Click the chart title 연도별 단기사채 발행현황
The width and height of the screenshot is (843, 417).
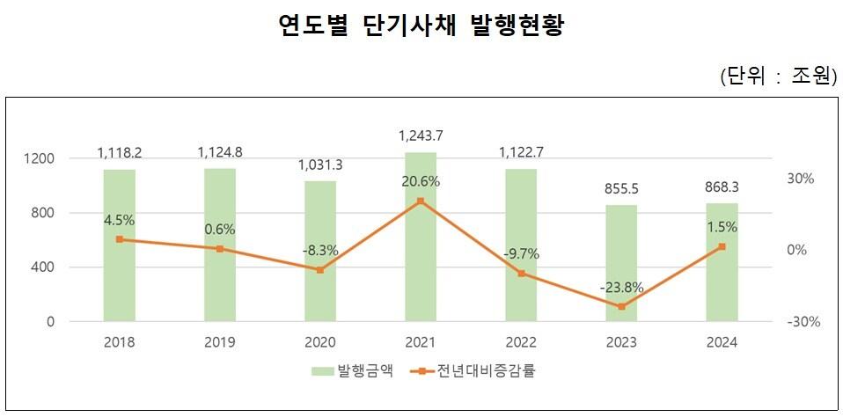(x=420, y=26)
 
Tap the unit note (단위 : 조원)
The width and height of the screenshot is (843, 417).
(x=775, y=77)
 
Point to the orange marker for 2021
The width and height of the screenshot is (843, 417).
(x=421, y=201)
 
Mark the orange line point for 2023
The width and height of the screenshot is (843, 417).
(x=622, y=306)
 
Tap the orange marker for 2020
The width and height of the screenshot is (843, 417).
(x=320, y=270)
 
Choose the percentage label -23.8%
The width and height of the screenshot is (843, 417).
(x=622, y=287)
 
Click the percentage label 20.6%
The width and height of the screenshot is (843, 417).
(x=421, y=181)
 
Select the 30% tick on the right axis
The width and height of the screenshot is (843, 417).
(x=801, y=179)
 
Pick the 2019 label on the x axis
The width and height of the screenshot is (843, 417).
(x=220, y=343)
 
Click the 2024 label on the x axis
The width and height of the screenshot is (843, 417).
(x=722, y=343)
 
